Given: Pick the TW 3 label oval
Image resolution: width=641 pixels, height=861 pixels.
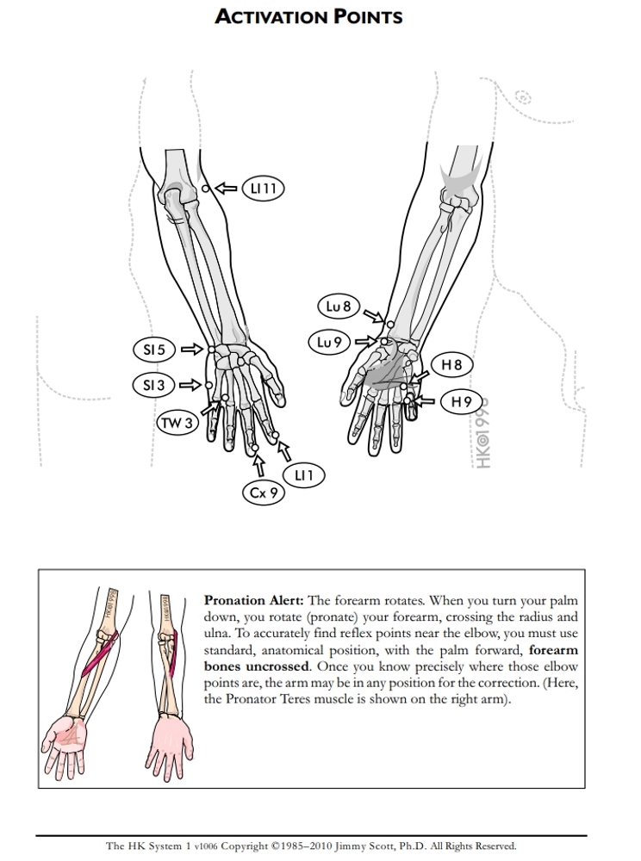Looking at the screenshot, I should point(177,423).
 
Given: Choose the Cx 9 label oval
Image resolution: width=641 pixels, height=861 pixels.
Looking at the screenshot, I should point(262,493).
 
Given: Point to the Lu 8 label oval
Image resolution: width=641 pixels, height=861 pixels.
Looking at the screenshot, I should point(339,306).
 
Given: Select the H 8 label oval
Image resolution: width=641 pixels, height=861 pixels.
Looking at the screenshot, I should point(451,365).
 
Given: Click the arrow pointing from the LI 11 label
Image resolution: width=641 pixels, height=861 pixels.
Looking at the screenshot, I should point(226,188).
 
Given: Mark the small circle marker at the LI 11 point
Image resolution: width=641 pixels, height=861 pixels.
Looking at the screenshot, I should point(205,189).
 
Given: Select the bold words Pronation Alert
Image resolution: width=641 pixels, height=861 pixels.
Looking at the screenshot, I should point(253,600).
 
